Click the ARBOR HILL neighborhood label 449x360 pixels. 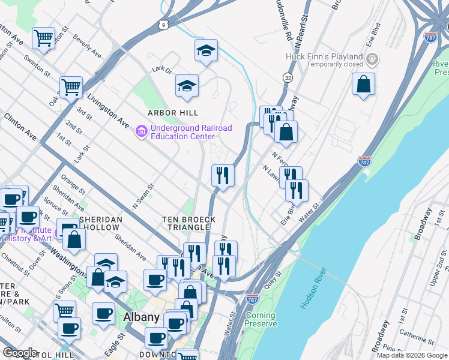[x=173, y=113]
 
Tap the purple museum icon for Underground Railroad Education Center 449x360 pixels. [x=142, y=131]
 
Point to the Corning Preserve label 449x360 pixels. [x=261, y=319]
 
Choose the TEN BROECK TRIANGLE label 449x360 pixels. [x=189, y=224]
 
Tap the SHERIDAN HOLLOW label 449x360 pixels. [x=97, y=224]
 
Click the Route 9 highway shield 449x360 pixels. [x=163, y=24]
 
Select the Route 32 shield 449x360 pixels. [x=288, y=78]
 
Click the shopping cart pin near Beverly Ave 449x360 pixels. [x=43, y=38]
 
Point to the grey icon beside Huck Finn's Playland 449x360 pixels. [x=373, y=59]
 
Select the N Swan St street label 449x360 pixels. [x=143, y=196]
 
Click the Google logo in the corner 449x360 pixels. [x=20, y=353]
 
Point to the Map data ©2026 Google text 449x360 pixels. [x=412, y=355]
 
